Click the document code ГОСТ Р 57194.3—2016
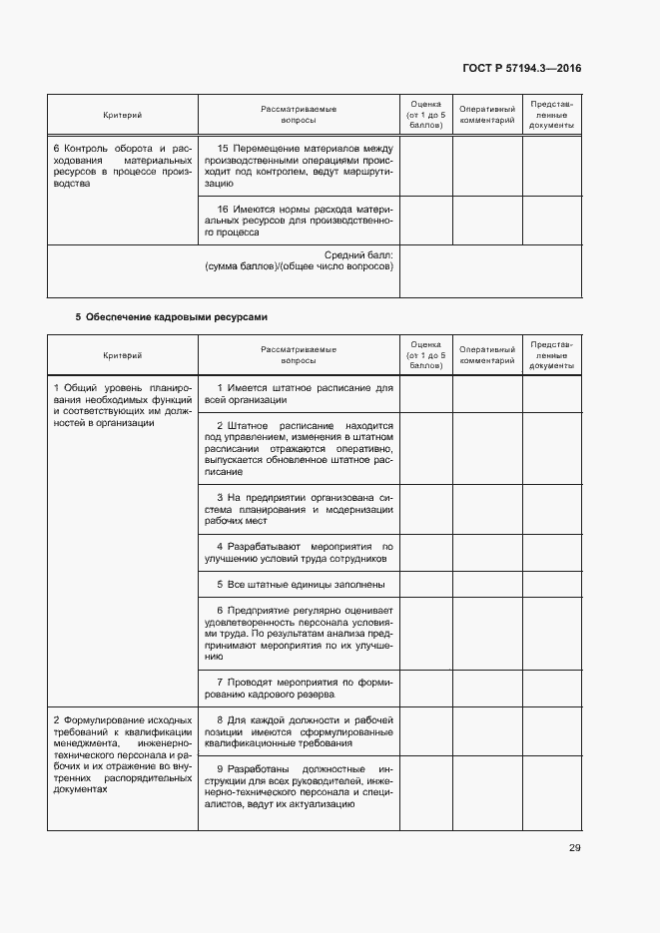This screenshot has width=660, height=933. (x=522, y=69)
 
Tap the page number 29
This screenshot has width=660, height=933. (x=574, y=848)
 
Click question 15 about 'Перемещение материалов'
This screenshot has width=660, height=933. (x=299, y=166)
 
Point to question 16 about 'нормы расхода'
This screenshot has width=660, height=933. (x=299, y=221)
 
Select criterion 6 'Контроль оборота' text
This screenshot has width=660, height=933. (x=122, y=166)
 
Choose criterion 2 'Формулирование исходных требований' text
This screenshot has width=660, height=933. (x=122, y=753)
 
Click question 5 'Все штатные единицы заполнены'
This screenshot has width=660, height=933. (x=299, y=585)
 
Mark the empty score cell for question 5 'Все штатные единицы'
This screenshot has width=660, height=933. (x=426, y=585)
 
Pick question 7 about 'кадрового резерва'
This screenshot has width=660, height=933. (x=299, y=689)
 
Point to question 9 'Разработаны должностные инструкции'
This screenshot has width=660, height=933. (x=299, y=786)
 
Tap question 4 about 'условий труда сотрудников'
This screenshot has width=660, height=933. (x=299, y=553)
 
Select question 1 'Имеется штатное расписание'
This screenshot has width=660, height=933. (x=299, y=393)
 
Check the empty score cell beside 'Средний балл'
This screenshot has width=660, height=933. (x=426, y=270)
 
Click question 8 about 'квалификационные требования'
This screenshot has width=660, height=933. (x=299, y=730)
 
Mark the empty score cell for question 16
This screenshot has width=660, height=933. (x=426, y=221)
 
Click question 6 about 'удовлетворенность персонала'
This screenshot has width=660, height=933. (x=299, y=634)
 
